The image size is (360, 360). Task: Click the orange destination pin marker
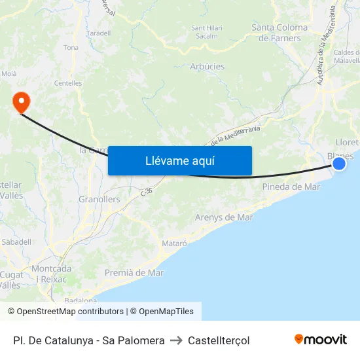point(21,101)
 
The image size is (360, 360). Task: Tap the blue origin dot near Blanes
point(339,164)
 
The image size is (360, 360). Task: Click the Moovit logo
point(321,339)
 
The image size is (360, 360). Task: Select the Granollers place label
point(99,199)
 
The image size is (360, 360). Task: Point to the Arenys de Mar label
point(224,217)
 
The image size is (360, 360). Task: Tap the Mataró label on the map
point(174,243)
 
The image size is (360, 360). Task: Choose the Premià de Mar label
point(134,272)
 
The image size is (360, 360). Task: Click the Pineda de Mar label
point(291,187)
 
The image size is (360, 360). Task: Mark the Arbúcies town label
point(207,66)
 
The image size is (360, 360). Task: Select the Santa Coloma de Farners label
point(279,33)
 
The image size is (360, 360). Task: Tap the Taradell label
point(98,33)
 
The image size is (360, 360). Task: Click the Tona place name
point(71,48)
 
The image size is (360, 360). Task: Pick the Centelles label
point(68,83)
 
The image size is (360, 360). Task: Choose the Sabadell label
point(16,242)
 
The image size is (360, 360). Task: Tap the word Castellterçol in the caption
point(219,340)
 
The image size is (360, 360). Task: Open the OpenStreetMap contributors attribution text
point(70,312)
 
